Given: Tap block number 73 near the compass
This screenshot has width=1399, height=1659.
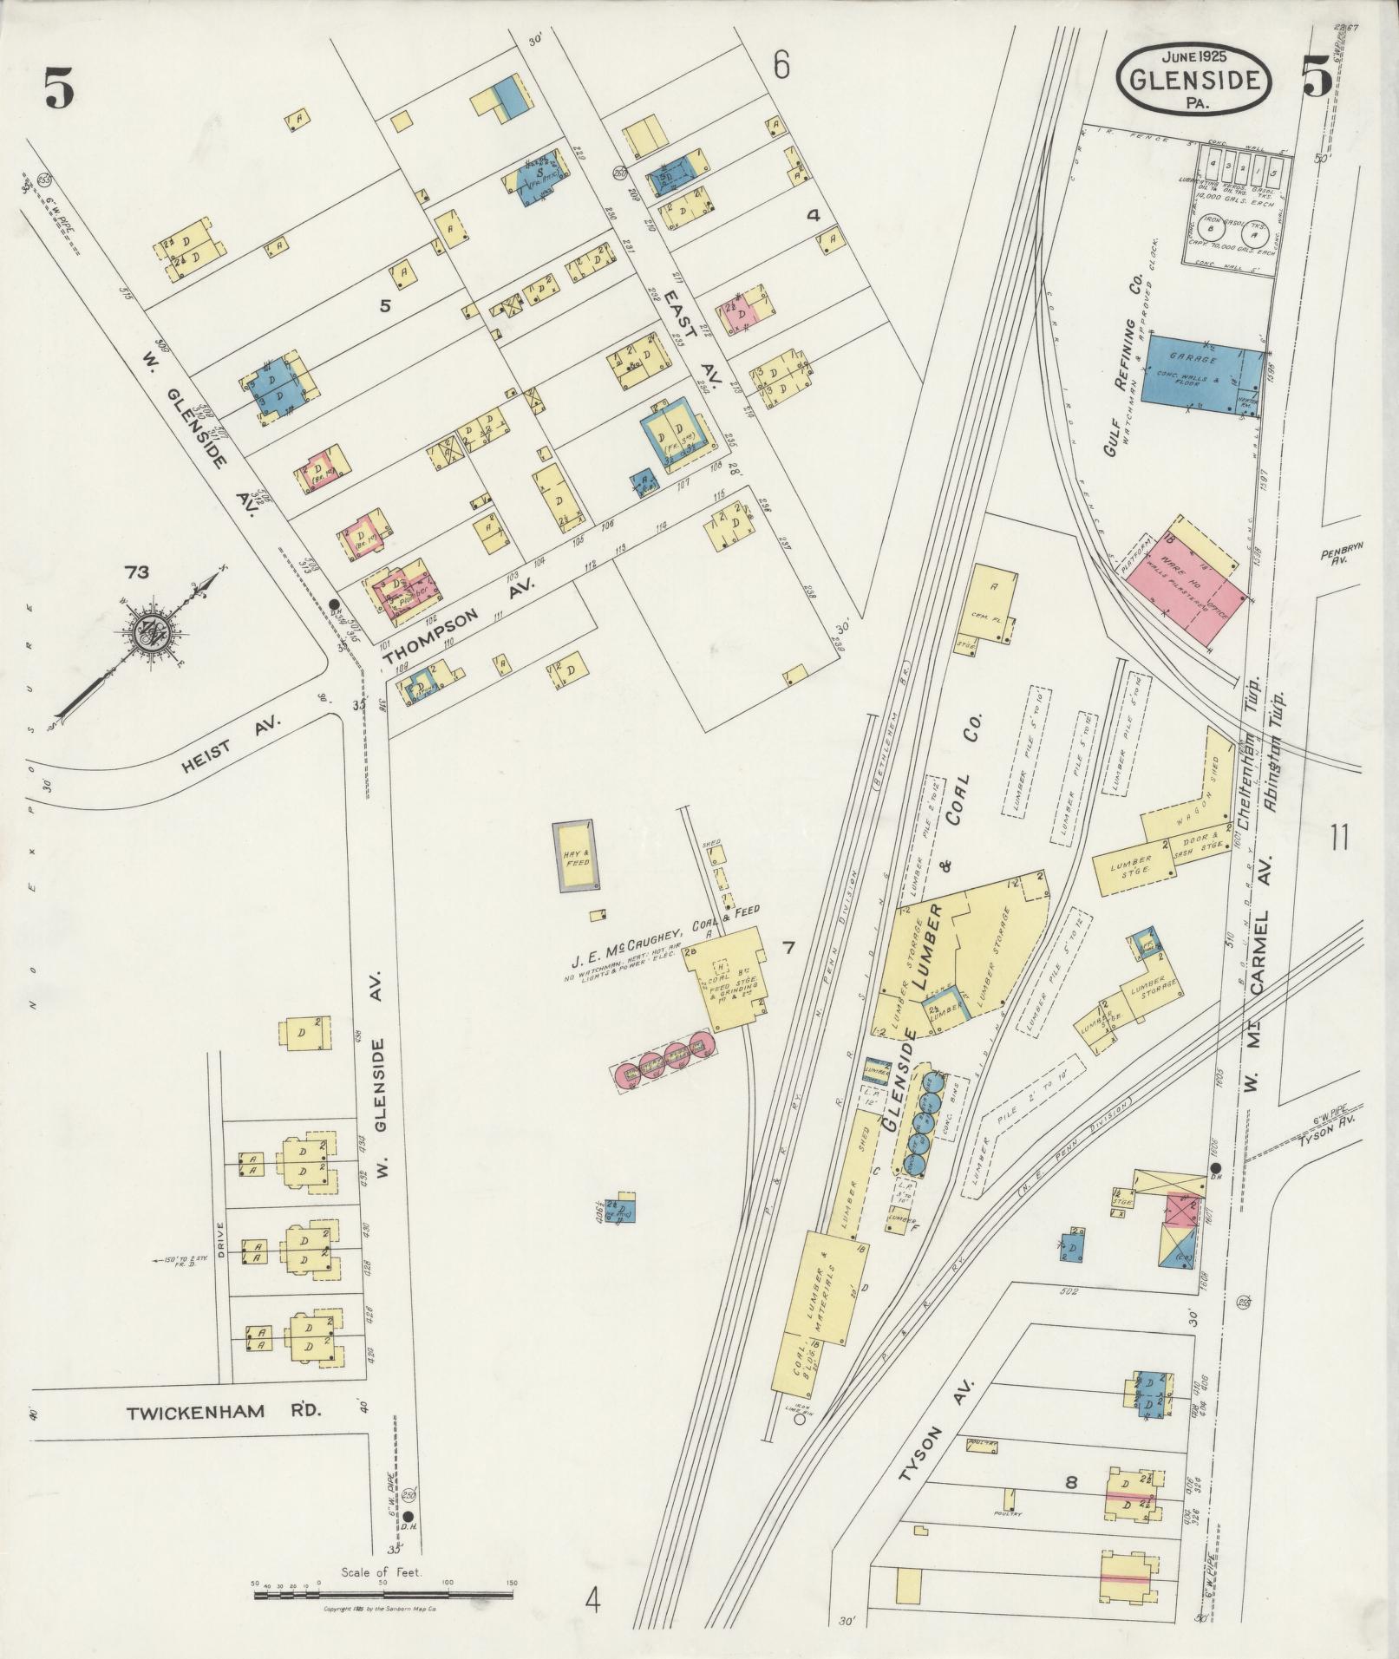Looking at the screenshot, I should (x=136, y=572).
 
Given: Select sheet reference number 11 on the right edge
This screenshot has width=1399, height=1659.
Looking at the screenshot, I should (x=1338, y=839).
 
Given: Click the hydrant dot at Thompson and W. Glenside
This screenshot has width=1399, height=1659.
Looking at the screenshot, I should (x=334, y=604).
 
